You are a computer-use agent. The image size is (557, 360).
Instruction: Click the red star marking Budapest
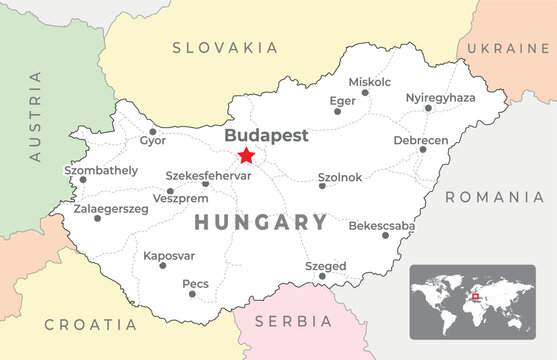coord(246,155)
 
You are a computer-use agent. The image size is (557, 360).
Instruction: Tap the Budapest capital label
coord(266,135)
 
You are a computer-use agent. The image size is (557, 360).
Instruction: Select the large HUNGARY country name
coord(260,222)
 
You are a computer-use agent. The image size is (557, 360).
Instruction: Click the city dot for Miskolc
coord(365,93)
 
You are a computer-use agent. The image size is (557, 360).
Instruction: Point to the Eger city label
coord(343,100)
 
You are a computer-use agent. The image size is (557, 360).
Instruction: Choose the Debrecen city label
coord(420,140)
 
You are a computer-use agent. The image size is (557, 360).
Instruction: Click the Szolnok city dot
coord(321,187)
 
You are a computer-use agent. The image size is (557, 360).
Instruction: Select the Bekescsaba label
coord(381,226)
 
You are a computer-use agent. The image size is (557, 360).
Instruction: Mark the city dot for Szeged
coord(322,276)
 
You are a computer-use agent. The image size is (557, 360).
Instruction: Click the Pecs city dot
coord(191,294)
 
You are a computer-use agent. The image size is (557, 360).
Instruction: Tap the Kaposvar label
coord(169,256)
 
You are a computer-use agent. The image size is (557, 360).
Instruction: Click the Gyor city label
coord(153,140)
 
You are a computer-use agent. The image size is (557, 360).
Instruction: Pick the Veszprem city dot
coord(170,191)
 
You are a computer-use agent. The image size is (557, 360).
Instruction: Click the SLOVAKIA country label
coord(225,47)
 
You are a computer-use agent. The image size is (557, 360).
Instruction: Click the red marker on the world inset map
coord(475,295)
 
